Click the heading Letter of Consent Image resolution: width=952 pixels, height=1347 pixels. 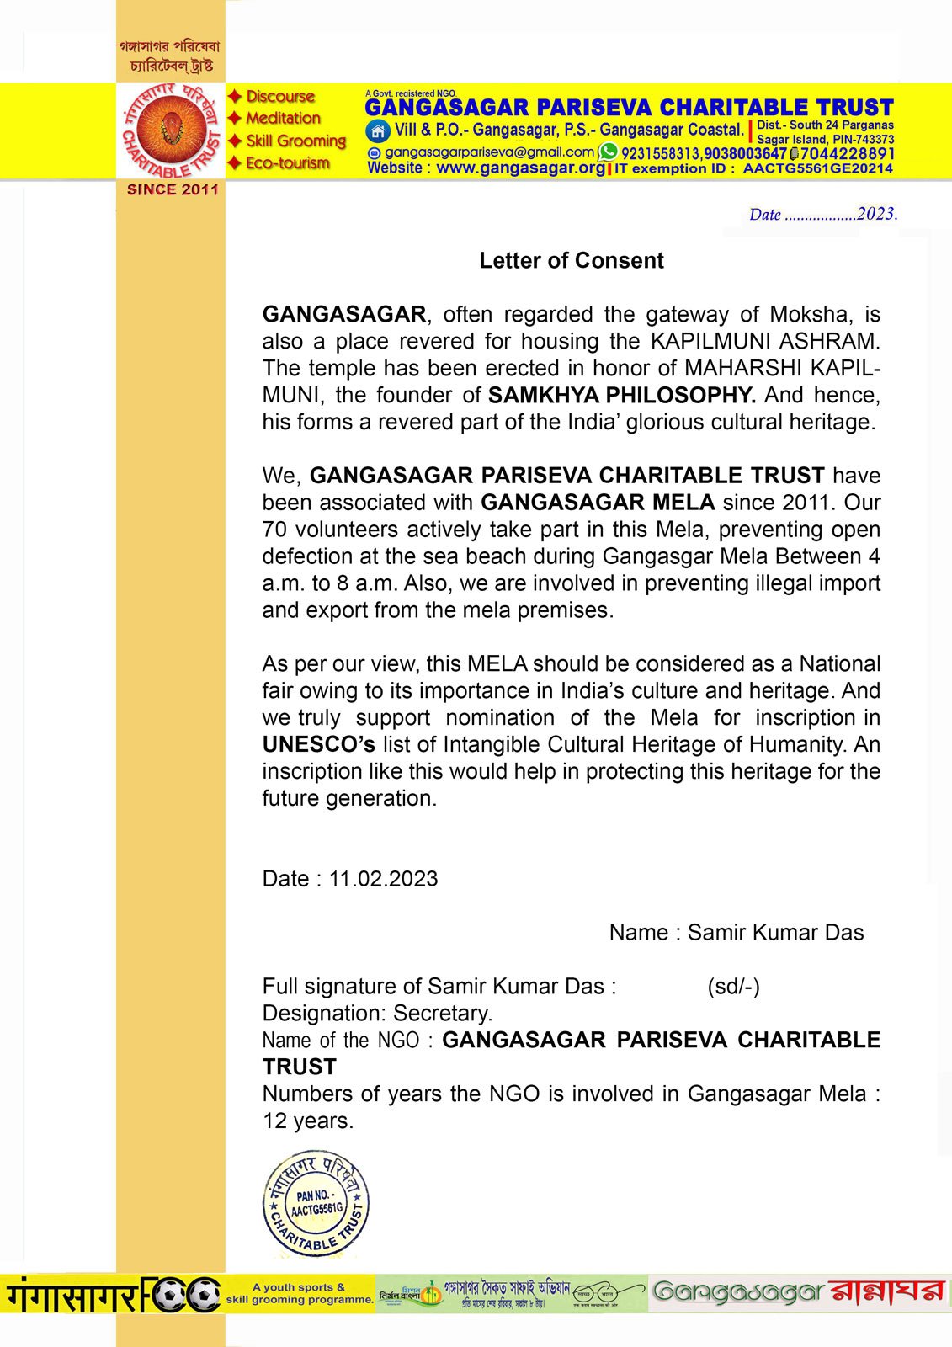coord(572,261)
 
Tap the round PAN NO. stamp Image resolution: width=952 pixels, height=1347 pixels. coord(316,1204)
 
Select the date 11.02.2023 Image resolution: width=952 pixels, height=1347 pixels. coord(383,879)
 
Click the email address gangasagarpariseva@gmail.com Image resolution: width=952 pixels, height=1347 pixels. coord(489,152)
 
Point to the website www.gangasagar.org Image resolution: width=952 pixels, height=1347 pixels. coord(520,168)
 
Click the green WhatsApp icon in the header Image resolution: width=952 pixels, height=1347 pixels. coord(608,152)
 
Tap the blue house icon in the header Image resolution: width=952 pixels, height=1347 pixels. coord(378,131)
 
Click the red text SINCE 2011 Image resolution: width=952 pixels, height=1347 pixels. coord(173,190)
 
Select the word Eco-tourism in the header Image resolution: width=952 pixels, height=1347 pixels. coord(288,163)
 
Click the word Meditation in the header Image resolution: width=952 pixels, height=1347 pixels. coord(284,119)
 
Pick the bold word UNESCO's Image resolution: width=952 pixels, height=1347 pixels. coord(318,745)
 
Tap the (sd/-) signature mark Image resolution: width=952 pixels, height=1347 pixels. coord(733,987)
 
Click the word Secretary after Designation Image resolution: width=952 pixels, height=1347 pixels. coord(443,1014)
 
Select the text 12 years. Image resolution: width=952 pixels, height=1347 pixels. coord(308,1121)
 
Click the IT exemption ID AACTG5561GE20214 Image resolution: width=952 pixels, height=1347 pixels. coord(817,168)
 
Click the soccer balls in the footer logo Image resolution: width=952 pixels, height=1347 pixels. coord(181,1294)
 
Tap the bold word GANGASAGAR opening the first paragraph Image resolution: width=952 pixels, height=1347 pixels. coord(344,315)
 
